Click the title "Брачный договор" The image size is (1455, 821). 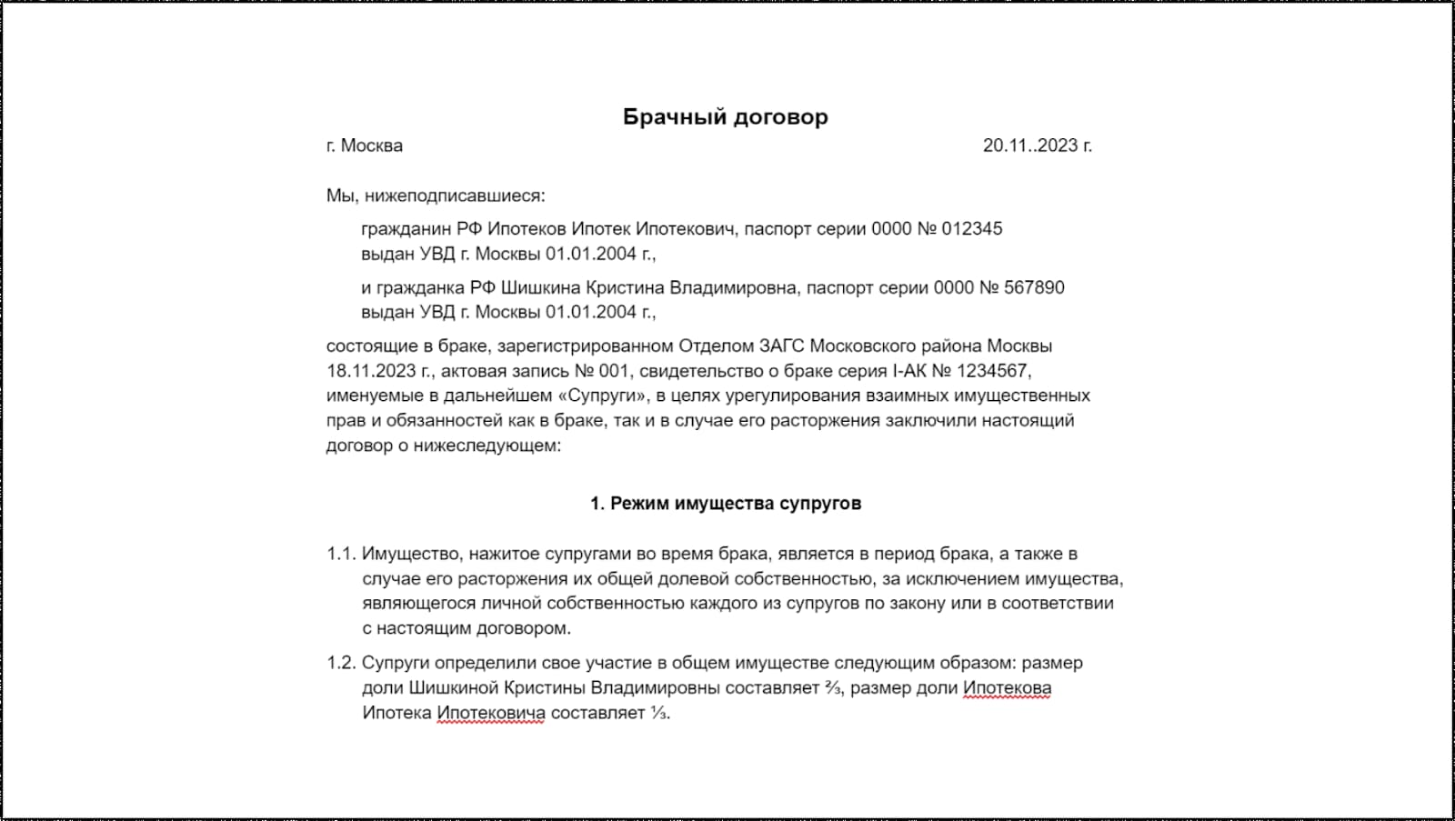(725, 117)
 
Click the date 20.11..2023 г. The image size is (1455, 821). (1037, 145)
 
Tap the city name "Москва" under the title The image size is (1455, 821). (371, 145)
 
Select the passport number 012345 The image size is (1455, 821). (971, 229)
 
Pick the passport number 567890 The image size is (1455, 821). (1034, 288)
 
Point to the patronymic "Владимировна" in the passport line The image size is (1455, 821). (734, 288)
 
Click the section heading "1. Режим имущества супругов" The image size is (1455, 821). (726, 504)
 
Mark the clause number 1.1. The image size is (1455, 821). (340, 554)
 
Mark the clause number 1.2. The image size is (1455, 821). (340, 663)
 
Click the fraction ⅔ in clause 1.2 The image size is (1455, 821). (833, 688)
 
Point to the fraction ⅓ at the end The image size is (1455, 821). (658, 713)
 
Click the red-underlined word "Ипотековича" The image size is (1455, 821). (491, 713)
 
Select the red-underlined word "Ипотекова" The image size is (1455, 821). (1007, 688)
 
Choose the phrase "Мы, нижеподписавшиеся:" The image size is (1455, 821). (436, 196)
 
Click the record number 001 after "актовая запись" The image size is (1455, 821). (614, 371)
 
